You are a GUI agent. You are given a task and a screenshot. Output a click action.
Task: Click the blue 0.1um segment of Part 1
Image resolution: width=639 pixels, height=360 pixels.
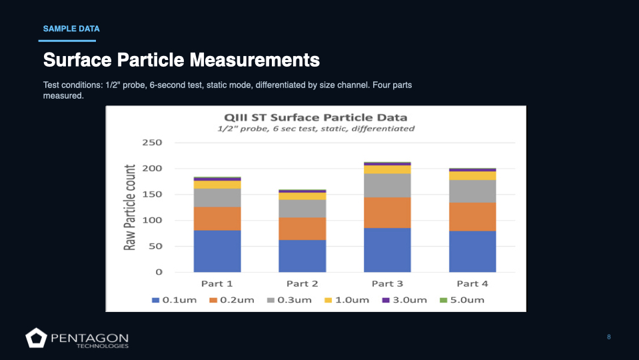(x=217, y=251)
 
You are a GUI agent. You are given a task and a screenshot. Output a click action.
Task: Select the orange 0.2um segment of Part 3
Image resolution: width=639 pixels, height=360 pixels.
(x=387, y=213)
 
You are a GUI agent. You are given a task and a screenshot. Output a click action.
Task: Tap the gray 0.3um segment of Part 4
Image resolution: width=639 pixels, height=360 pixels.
(x=472, y=191)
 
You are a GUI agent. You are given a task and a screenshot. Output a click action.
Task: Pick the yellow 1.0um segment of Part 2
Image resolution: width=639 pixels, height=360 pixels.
(x=302, y=196)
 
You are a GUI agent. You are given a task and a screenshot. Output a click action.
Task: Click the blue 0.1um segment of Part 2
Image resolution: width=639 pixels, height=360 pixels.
(x=302, y=256)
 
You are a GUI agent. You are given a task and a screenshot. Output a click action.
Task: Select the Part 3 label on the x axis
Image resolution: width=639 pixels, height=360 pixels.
(x=387, y=283)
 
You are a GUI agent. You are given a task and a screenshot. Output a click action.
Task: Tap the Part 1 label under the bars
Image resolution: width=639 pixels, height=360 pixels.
(x=217, y=283)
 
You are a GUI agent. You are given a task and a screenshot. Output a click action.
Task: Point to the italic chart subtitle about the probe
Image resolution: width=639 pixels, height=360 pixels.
(x=316, y=129)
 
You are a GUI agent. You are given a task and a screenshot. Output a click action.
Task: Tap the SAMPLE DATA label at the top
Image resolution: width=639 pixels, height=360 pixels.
(x=71, y=29)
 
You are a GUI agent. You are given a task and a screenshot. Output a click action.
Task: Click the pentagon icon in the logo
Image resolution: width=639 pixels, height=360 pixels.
(x=35, y=338)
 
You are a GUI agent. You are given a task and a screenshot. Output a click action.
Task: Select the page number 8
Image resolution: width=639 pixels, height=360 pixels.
(x=608, y=337)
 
